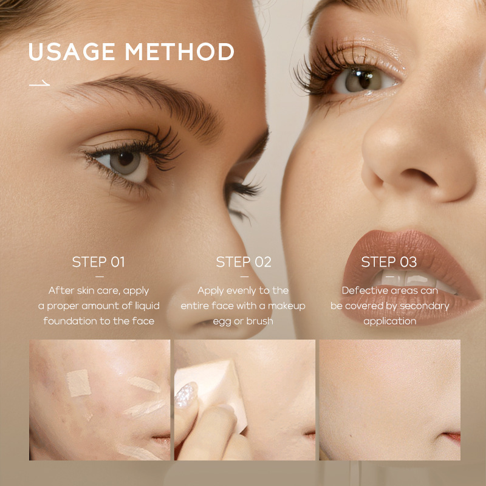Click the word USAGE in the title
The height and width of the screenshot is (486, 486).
click(72, 52)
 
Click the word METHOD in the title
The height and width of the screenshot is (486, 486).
click(179, 52)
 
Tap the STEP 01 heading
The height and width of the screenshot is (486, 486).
click(98, 262)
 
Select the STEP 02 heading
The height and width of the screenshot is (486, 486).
click(244, 262)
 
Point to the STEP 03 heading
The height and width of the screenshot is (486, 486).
click(389, 262)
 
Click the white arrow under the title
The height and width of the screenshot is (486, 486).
click(39, 83)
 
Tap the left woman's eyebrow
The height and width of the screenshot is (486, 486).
click(146, 99)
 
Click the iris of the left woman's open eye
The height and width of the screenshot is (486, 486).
click(126, 161)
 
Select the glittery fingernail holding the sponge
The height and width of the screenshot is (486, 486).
click(186, 394)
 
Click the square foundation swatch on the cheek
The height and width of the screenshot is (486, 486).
click(79, 383)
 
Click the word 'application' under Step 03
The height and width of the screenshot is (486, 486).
click(390, 321)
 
